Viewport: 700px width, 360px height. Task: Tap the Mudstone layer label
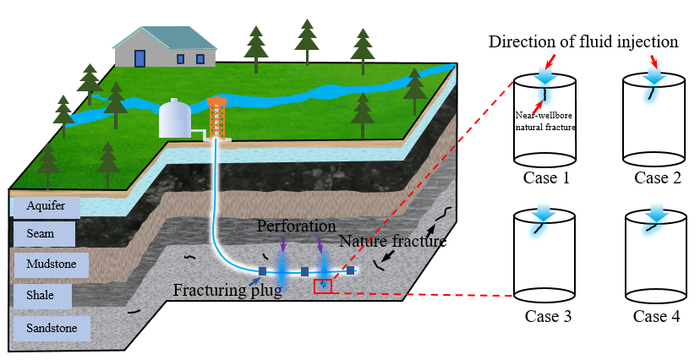click(x=51, y=265)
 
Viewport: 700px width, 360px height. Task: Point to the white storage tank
click(x=175, y=118)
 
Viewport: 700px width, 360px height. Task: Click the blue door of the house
click(x=139, y=57)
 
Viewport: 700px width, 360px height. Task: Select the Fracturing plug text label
click(x=227, y=292)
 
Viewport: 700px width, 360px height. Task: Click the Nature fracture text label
click(x=392, y=242)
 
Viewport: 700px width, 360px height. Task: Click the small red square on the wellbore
click(x=323, y=286)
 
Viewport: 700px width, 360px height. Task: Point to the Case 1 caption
click(x=544, y=178)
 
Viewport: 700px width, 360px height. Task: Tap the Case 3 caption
click(x=544, y=317)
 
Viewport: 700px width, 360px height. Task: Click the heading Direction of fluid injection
click(x=583, y=41)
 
